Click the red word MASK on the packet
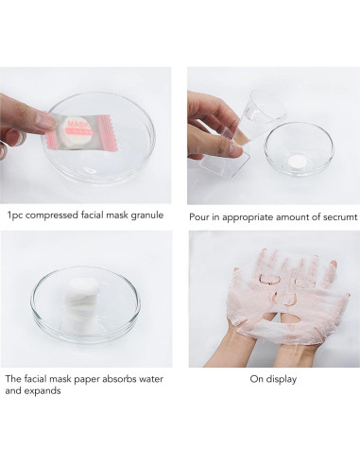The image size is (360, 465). pyautogui.click(x=78, y=124)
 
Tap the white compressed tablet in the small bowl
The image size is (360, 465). pyautogui.click(x=299, y=161)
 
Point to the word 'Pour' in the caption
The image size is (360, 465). pyautogui.click(x=197, y=217)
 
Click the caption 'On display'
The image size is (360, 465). pyautogui.click(x=273, y=379)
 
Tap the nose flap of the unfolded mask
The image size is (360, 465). pyautogui.click(x=284, y=298)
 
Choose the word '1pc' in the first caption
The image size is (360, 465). pyautogui.click(x=15, y=215)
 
